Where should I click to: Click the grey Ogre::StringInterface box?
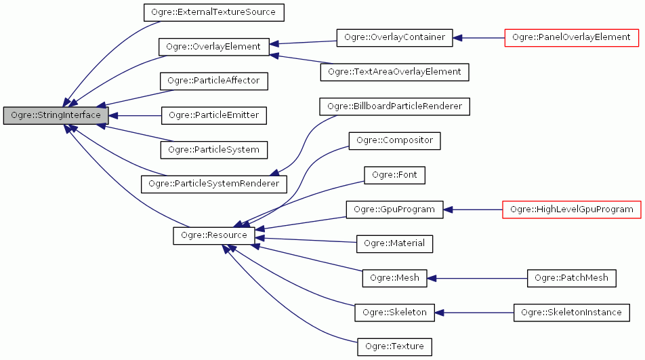coord(56,115)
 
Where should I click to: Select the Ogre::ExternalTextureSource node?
coord(213,12)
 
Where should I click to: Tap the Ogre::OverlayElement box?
coord(214,47)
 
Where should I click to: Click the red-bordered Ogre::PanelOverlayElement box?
coord(571,37)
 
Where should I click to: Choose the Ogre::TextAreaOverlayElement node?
coord(394,71)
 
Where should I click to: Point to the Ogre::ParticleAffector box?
coord(214,81)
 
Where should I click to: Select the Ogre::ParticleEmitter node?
coord(214,115)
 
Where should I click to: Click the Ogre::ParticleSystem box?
coord(214,149)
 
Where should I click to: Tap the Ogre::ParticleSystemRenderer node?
coord(213,184)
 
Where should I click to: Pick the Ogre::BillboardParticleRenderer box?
coord(394,106)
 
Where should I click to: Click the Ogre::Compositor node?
coord(394,140)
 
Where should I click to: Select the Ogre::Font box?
coord(394,175)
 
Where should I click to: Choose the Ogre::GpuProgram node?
coord(394,209)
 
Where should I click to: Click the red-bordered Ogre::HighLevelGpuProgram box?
coord(571,209)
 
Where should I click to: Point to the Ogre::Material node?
coord(394,243)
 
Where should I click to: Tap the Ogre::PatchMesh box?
coord(571,278)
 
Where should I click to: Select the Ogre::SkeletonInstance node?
coord(571,313)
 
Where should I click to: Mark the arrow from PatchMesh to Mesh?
coord(477,278)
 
